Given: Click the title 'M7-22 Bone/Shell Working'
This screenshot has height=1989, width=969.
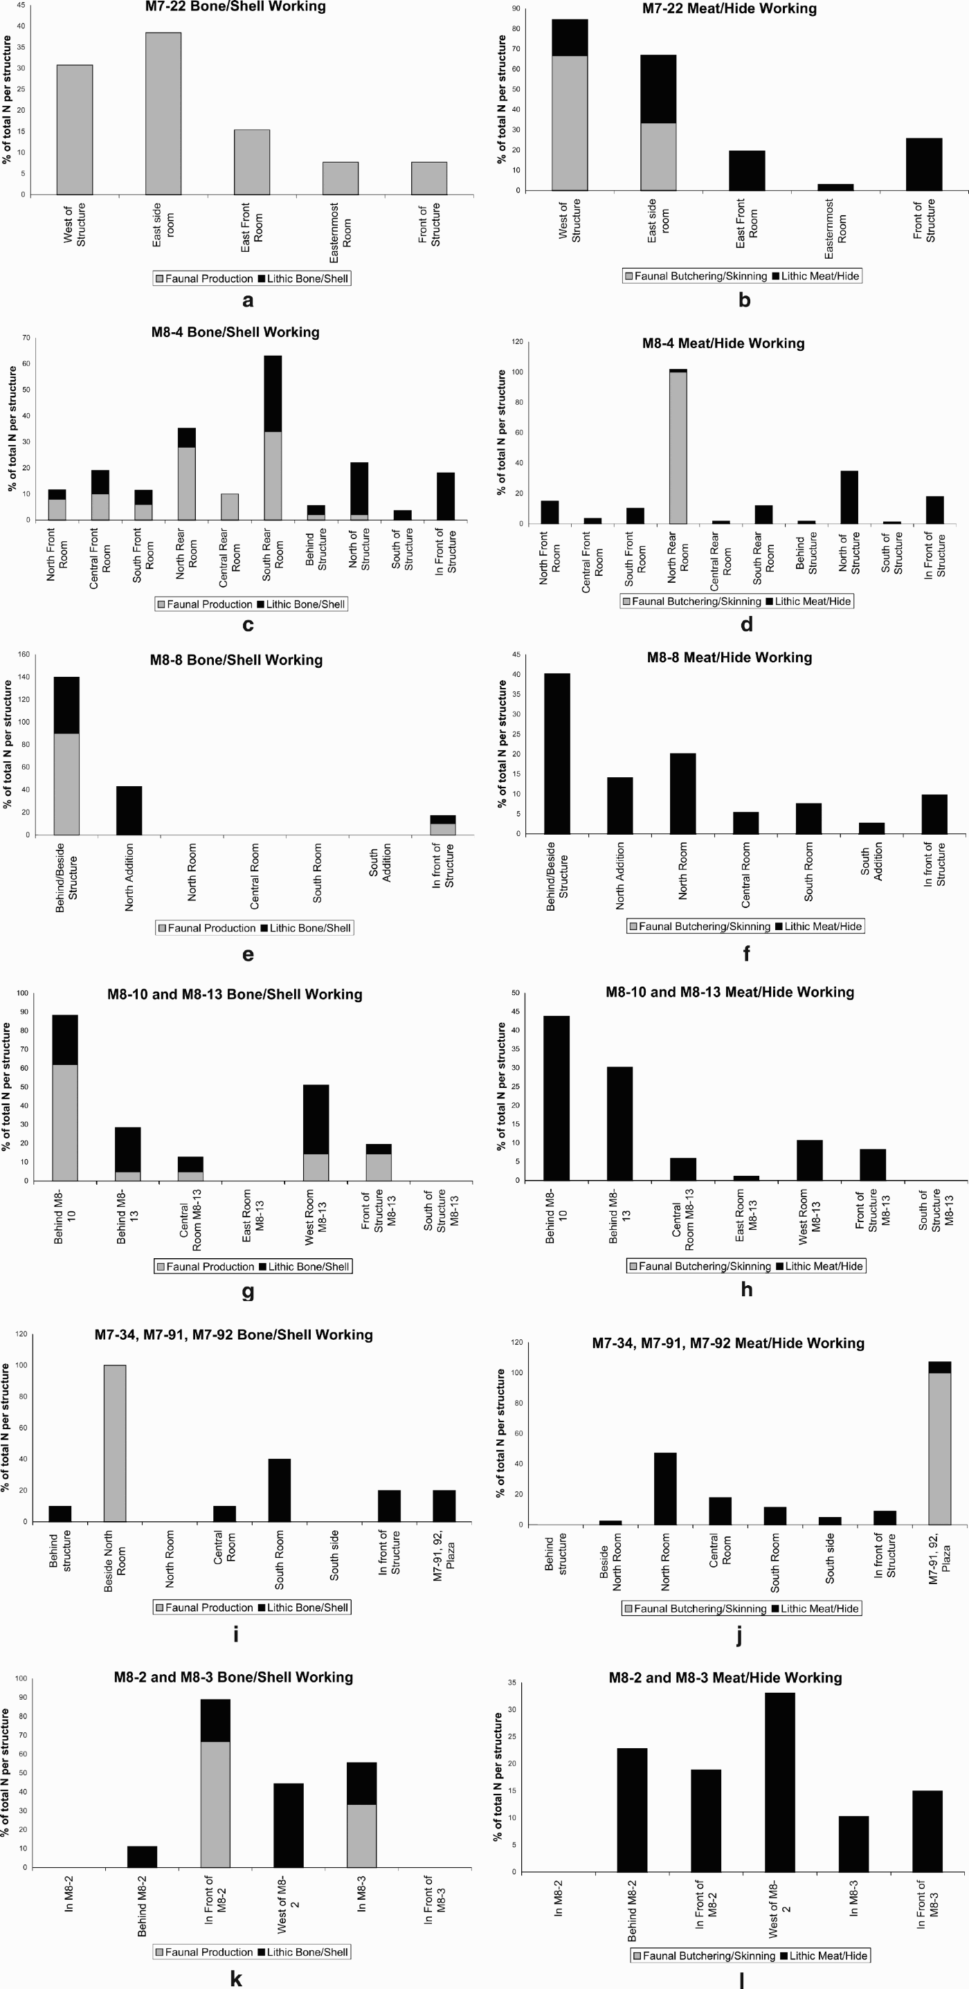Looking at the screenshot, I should coord(235,7).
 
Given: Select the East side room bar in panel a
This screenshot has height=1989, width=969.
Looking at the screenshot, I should coord(163,113).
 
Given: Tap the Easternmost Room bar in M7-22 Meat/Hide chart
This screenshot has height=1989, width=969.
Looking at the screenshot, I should coord(835,187).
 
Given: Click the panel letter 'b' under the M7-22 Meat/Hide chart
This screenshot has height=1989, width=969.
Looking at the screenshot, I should coord(744,300).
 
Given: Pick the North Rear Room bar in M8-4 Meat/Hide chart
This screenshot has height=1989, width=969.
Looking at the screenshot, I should coord(678,447).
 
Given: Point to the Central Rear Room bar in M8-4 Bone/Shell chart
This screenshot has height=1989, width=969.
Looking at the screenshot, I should coord(229,507).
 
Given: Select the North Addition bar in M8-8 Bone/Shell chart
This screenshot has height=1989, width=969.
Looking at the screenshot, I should coord(129,810).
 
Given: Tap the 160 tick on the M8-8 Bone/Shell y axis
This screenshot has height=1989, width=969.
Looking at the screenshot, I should coord(24,655).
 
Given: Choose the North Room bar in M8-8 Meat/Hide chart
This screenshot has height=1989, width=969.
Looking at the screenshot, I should coord(682,793).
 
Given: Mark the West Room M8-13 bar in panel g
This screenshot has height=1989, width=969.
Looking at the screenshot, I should coord(316,1132).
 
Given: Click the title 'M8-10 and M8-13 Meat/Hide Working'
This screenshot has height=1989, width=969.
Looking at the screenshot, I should coord(730,992).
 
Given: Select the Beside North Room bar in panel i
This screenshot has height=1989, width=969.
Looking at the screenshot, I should coord(114,1443).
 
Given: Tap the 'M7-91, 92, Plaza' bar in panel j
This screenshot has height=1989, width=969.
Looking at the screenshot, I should coord(939,1443).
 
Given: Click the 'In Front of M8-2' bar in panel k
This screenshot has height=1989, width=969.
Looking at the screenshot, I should coord(215,1783).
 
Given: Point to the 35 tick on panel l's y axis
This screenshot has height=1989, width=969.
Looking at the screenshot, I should coord(511,1682).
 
